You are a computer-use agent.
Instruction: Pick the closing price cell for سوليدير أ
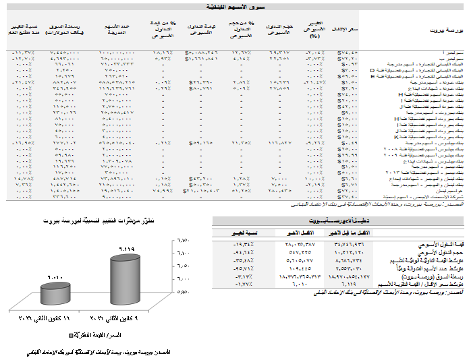click(x=348, y=52)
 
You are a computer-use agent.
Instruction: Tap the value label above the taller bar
click(x=128, y=249)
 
